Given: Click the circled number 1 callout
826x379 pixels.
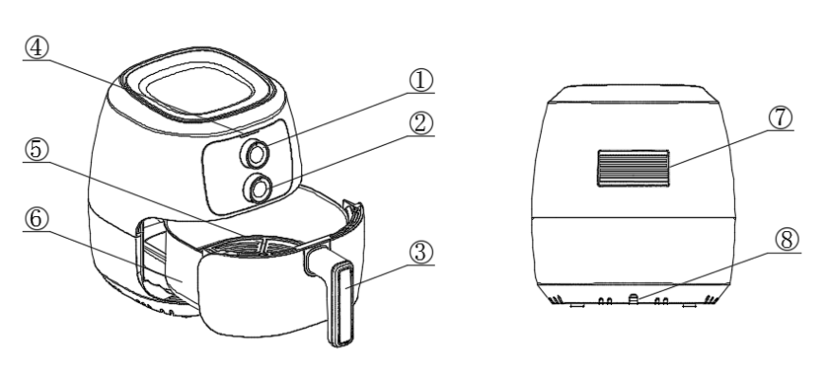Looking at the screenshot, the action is (x=421, y=81).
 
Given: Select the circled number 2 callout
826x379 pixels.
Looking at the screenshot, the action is (x=421, y=124).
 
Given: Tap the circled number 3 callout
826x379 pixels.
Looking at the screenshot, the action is (x=421, y=252).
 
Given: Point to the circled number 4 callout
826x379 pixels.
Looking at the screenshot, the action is (x=36, y=48).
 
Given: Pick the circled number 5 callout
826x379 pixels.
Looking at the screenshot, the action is (x=36, y=150).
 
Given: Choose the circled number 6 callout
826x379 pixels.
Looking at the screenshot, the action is (x=36, y=219).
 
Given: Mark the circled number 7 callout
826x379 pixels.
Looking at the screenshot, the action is (x=781, y=117).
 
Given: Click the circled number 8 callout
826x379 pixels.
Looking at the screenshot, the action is (x=787, y=241).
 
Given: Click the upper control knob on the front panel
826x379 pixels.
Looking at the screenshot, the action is (x=256, y=154).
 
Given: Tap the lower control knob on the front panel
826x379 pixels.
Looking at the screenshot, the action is (x=258, y=189).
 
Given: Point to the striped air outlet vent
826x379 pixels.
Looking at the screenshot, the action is (x=633, y=168).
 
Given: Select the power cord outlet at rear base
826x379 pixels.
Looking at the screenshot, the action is (x=634, y=299).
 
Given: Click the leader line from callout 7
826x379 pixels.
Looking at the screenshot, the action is (x=731, y=149).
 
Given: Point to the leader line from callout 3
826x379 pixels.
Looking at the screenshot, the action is (x=390, y=276).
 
